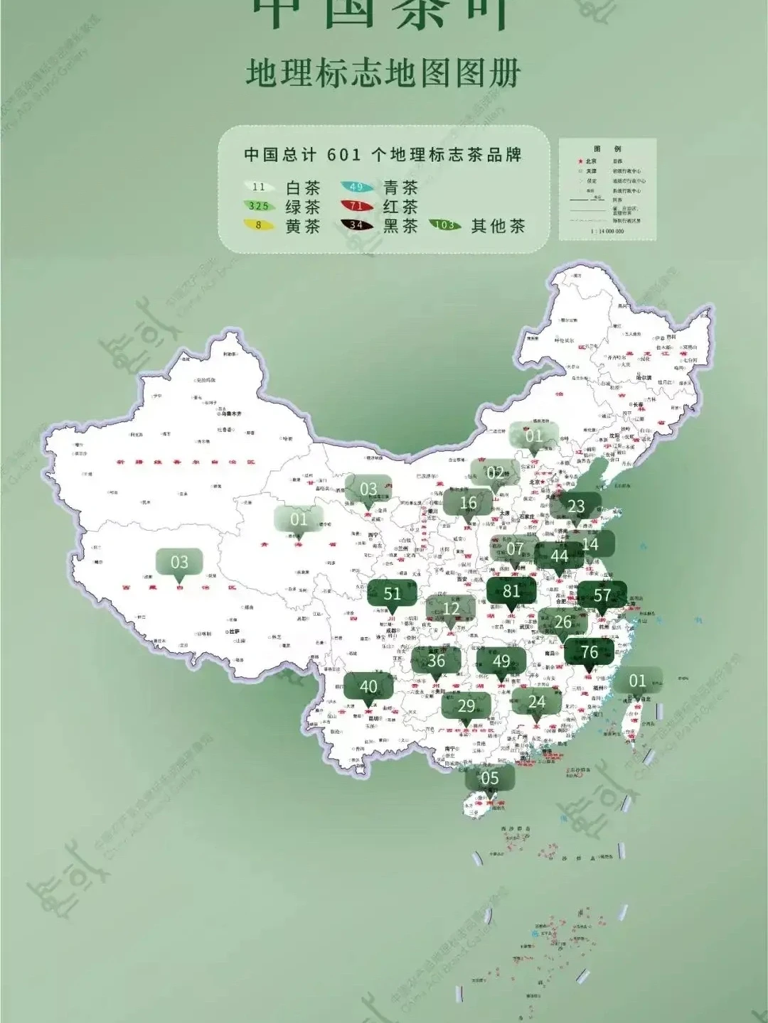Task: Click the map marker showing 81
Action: (511, 591)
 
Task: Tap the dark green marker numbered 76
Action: (589, 652)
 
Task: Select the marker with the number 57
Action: (602, 595)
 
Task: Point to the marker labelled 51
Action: (392, 594)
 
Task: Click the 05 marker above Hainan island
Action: (490, 779)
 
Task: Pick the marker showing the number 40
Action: (368, 687)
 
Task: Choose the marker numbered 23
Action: (576, 507)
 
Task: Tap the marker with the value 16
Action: (468, 504)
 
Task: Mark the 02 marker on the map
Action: (495, 473)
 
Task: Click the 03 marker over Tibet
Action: (179, 563)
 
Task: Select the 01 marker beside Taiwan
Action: (637, 681)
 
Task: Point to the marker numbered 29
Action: (466, 706)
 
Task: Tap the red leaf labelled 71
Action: (356, 207)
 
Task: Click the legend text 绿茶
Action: (303, 207)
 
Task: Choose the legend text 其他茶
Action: (498, 226)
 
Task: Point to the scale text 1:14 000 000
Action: (607, 232)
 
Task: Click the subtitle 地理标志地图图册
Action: (384, 73)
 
